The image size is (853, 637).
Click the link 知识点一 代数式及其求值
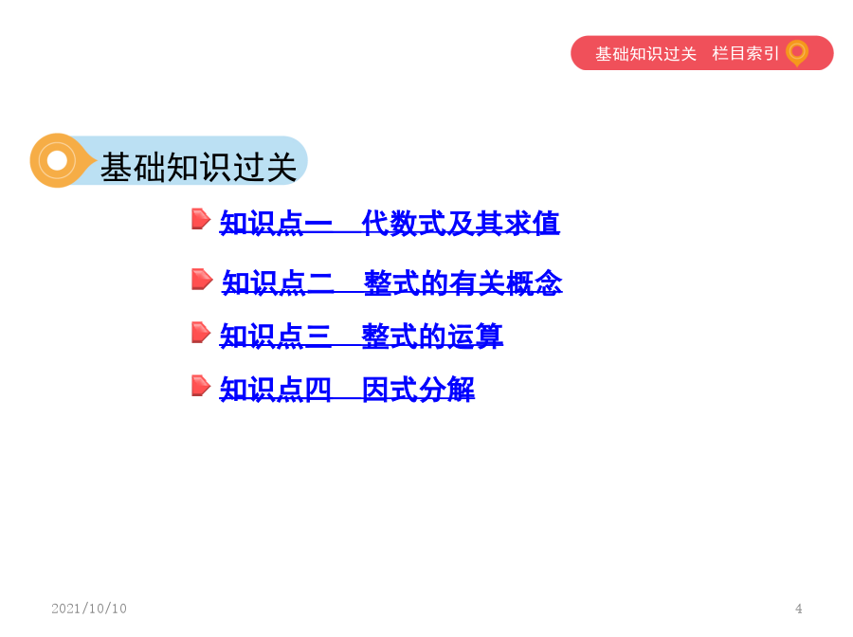(x=390, y=223)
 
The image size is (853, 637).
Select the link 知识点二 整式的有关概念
(x=392, y=282)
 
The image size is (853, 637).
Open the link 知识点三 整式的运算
(x=361, y=336)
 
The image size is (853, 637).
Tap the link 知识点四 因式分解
(x=347, y=389)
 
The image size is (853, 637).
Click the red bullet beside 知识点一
(x=201, y=219)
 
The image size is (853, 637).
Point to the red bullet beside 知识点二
(x=201, y=280)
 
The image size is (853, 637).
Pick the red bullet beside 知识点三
(x=201, y=333)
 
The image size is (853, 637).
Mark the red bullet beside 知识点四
(x=201, y=386)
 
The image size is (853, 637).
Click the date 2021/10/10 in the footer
(x=89, y=609)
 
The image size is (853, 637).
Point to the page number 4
(x=799, y=609)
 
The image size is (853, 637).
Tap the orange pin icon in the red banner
(x=797, y=53)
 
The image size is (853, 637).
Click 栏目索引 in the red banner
(x=746, y=53)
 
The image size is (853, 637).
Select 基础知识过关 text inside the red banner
(x=645, y=54)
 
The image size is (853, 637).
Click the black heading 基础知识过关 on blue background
(x=199, y=167)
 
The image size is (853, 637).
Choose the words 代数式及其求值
(x=461, y=223)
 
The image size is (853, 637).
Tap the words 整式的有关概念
(x=463, y=282)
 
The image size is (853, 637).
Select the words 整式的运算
(x=432, y=336)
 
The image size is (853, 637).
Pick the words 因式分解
(x=418, y=389)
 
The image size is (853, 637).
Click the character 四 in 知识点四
(x=318, y=389)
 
